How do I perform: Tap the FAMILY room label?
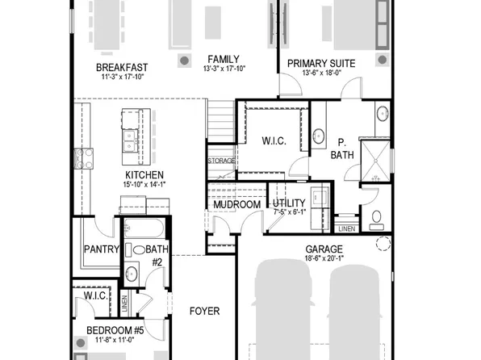pyautogui.click(x=222, y=59)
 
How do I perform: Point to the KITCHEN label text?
pyautogui.click(x=144, y=175)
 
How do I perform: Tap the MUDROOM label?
pyautogui.click(x=236, y=205)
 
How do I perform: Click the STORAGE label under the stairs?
pyautogui.click(x=222, y=161)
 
